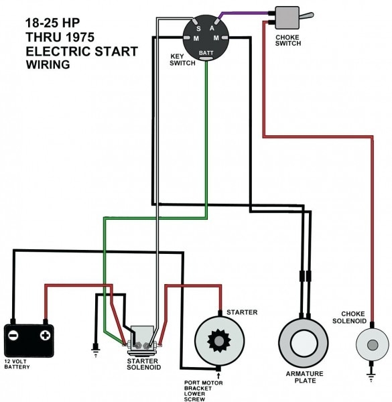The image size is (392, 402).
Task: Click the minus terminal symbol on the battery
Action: click(x=15, y=334)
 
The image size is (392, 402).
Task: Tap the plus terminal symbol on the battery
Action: click(x=45, y=334)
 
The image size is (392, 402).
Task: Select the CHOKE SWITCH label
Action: click(x=287, y=40)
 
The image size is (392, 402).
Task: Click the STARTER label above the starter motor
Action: click(x=242, y=312)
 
